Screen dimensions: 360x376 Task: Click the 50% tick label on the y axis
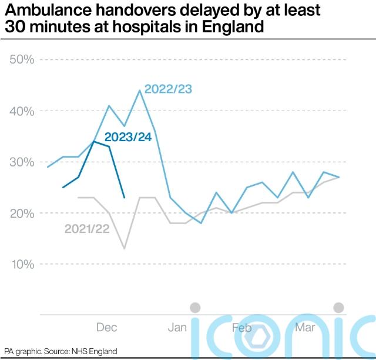click(21, 60)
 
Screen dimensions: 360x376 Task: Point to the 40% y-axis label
click(21, 111)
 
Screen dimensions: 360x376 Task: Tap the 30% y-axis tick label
click(21, 162)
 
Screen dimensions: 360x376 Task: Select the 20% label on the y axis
click(21, 213)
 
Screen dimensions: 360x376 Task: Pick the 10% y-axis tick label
click(21, 264)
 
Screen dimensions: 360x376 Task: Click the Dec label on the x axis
click(106, 328)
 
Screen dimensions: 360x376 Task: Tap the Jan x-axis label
click(177, 328)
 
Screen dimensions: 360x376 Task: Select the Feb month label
click(241, 328)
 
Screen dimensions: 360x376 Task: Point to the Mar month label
click(304, 328)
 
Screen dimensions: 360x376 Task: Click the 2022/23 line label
click(169, 89)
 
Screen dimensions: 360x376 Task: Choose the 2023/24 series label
click(128, 138)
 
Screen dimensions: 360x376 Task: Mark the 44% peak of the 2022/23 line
click(139, 91)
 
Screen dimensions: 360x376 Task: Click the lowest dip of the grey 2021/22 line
click(124, 248)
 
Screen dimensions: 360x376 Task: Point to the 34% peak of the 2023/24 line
click(93, 142)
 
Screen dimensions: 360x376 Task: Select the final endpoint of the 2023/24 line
click(124, 198)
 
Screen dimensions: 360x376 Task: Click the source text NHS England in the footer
click(95, 351)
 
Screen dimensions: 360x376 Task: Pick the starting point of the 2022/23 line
click(48, 167)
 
